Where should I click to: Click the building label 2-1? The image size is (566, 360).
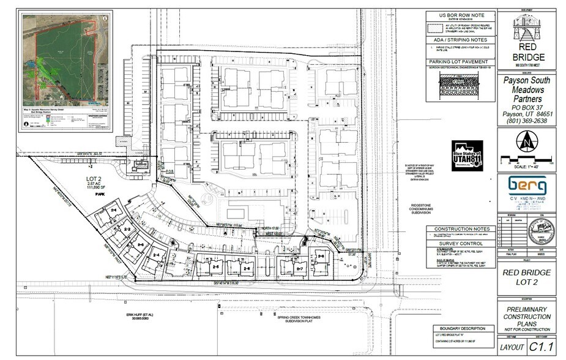pos(114,209)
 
